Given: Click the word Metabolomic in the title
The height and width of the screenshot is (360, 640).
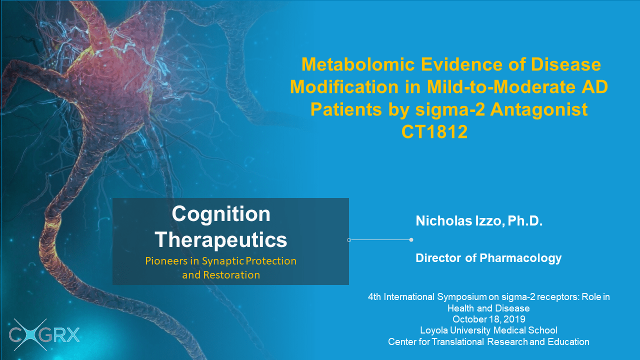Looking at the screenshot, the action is [358, 64].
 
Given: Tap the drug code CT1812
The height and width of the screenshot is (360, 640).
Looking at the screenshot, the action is [434, 131].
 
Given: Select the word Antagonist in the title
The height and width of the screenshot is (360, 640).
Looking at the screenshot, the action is [539, 109].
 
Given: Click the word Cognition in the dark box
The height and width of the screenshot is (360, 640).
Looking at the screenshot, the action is [221, 213].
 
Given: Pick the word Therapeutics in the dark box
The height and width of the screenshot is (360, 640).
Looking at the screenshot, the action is [221, 239].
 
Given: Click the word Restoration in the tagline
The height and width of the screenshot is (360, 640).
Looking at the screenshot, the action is [231, 275].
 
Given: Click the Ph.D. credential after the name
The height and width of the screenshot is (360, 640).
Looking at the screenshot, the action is [525, 221].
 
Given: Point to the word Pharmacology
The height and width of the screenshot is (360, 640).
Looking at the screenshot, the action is [520, 258].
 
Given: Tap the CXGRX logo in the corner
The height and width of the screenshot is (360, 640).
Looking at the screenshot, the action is [44, 335].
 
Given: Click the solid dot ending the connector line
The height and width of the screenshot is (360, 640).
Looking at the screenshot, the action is [411, 239].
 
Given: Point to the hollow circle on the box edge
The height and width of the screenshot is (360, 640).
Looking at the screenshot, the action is [349, 240].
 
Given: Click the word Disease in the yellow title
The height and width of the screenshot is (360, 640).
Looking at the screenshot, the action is [565, 64].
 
